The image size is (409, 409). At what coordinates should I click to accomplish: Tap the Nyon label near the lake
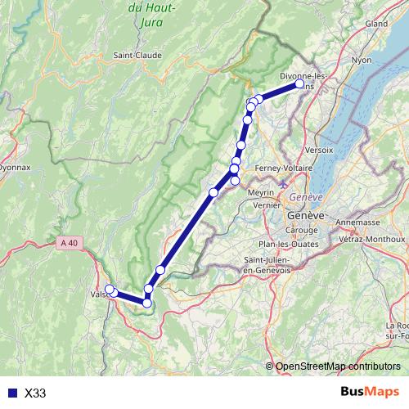(x=361, y=60)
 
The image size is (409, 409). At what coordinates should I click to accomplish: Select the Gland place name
(x=376, y=24)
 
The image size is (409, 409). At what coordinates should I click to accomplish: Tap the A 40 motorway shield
(x=71, y=242)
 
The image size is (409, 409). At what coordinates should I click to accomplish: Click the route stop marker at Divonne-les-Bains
(x=299, y=83)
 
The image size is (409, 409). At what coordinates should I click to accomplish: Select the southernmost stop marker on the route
(x=147, y=303)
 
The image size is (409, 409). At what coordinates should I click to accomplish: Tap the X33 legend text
(x=36, y=393)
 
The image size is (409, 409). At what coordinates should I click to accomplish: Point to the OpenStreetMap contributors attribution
(x=338, y=366)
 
